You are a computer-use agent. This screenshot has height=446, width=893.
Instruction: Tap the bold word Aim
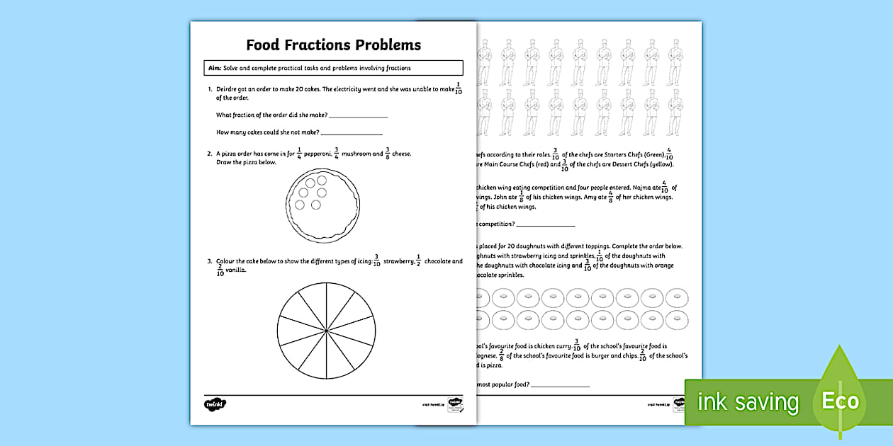pyautogui.click(x=212, y=68)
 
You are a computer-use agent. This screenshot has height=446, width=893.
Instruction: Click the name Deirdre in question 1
pyautogui.click(x=232, y=90)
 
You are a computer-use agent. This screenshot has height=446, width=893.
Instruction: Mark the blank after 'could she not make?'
pyautogui.click(x=352, y=132)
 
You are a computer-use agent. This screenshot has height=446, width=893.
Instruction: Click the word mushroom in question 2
pyautogui.click(x=361, y=154)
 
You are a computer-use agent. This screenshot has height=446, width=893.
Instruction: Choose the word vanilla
pyautogui.click(x=237, y=270)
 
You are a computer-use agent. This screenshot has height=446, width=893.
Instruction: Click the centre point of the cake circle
pyautogui.click(x=326, y=331)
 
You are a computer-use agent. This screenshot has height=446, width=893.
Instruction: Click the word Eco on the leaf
pyautogui.click(x=840, y=402)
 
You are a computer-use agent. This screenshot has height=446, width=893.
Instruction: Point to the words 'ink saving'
pyautogui.click(x=747, y=402)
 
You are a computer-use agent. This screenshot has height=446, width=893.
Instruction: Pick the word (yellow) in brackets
pyautogui.click(x=657, y=165)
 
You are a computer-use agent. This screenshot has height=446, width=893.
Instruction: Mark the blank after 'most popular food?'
pyautogui.click(x=560, y=385)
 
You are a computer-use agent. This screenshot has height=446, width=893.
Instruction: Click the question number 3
pyautogui.click(x=210, y=261)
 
